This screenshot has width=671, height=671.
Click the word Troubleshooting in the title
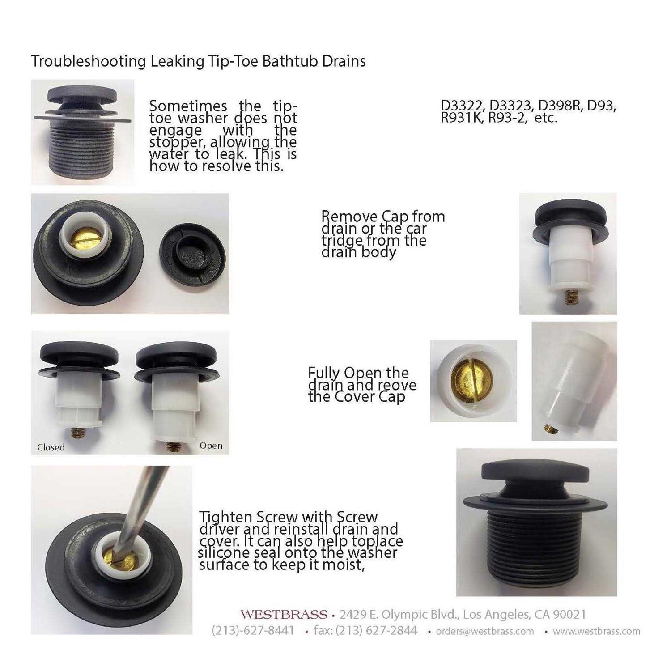pos(88,61)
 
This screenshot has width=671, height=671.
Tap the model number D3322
pos(463,106)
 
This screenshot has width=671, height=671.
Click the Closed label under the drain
pos(51,447)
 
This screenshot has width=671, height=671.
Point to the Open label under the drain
pos(211,446)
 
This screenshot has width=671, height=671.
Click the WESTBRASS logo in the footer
pos(284,614)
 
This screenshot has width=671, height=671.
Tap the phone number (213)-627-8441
pos(253,631)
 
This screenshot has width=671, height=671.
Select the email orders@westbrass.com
pos(485,631)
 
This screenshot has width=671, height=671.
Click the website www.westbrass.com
pos(596,631)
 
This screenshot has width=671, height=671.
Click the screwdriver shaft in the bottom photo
pos(139,505)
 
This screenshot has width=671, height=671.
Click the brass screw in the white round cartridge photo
pos(471,381)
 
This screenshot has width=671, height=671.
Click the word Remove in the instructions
pos(349,217)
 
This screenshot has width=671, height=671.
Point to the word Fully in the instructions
pos(324,373)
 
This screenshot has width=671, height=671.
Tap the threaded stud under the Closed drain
pos(77,433)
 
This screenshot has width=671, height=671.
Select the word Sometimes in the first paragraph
pos(188,106)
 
